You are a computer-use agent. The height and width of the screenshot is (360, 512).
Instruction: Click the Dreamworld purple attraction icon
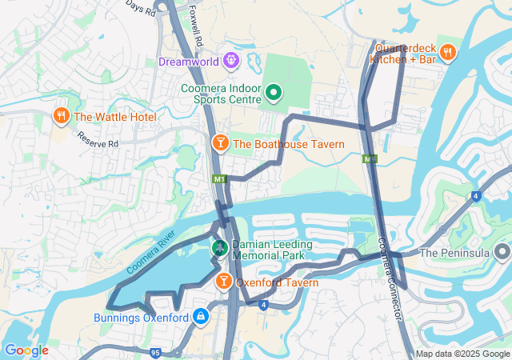[231, 60]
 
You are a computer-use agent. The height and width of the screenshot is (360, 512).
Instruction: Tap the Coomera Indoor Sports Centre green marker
[273, 94]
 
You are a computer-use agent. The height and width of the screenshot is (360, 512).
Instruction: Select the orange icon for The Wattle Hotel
[62, 117]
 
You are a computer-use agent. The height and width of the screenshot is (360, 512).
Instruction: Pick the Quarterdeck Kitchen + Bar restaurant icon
[448, 53]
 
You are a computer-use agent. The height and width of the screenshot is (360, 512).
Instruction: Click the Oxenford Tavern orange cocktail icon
[223, 282]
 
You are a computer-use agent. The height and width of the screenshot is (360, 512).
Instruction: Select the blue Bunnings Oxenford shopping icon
[200, 317]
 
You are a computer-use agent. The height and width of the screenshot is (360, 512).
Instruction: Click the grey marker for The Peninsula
[502, 254]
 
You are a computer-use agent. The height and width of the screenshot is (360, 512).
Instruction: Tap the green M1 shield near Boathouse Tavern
[219, 179]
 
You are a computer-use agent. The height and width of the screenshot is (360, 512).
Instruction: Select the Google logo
[26, 350]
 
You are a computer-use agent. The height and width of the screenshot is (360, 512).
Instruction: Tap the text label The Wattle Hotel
[114, 117]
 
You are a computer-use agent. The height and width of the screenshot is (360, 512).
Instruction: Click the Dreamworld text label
[189, 61]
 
